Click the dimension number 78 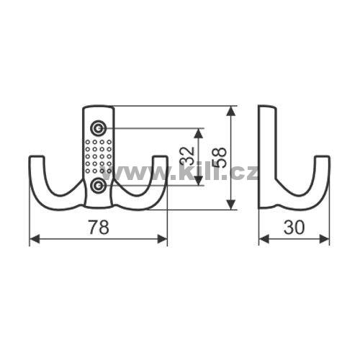click(99, 227)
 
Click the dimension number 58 click(220, 157)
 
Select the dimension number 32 click(186, 156)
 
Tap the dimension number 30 click(294, 227)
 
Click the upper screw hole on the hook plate click(98, 129)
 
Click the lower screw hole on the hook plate click(98, 185)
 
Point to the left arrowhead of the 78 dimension click(35, 239)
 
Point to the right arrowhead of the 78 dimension click(162, 239)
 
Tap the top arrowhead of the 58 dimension click(230, 112)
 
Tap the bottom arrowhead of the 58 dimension click(230, 204)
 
